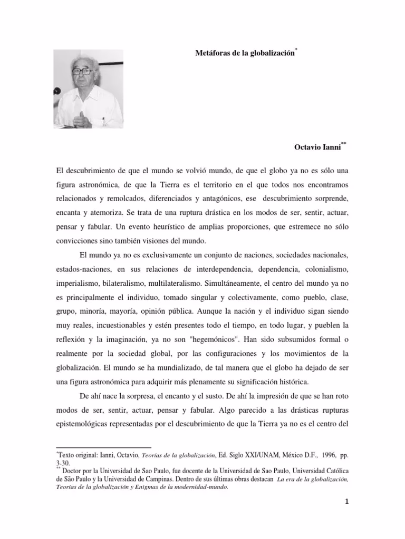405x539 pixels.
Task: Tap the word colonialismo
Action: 326,269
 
